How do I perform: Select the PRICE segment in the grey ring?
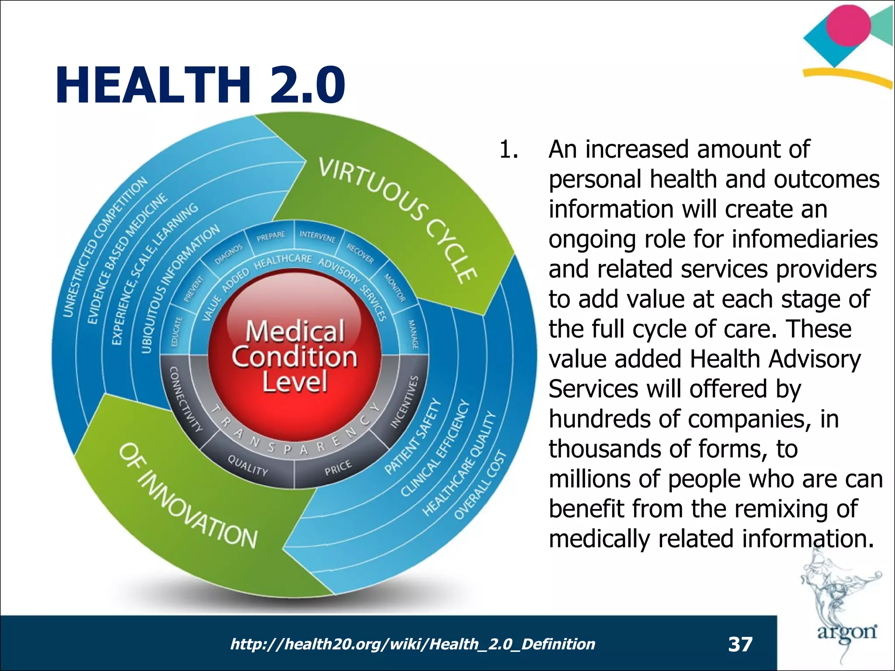(x=338, y=468)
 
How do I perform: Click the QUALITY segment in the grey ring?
(x=248, y=466)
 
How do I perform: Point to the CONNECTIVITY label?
(x=186, y=399)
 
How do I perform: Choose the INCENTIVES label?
(x=404, y=402)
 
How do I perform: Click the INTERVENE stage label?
(x=318, y=236)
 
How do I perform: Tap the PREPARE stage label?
(x=271, y=236)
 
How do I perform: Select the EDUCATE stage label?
(x=176, y=332)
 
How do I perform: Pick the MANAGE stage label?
(x=413, y=334)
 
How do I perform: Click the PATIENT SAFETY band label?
(x=413, y=437)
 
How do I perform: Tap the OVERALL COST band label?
(x=480, y=485)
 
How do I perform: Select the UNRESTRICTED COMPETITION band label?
(x=105, y=247)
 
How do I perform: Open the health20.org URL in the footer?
(x=413, y=644)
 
